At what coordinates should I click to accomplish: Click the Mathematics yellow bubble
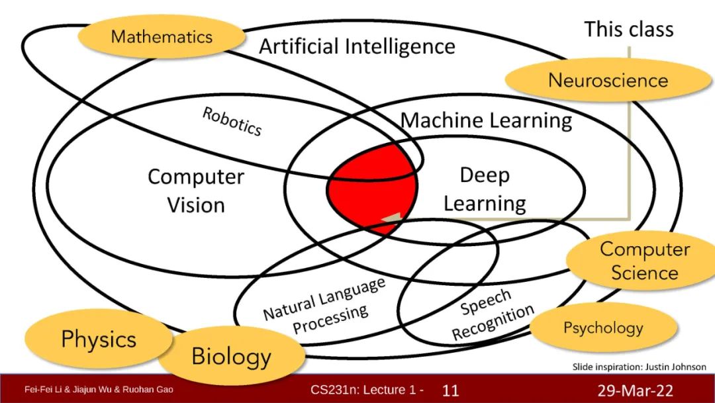tap(162, 36)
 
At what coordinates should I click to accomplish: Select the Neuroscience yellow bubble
tap(608, 81)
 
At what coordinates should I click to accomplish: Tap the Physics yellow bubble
tap(99, 339)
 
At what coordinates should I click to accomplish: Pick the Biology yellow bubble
tap(231, 357)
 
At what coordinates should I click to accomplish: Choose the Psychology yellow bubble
tap(603, 328)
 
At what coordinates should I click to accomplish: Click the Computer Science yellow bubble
tap(644, 261)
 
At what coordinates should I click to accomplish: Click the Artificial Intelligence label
tap(357, 47)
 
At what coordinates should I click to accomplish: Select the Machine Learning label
tap(486, 120)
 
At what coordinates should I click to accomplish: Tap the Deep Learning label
tap(485, 189)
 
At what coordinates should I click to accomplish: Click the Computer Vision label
tap(195, 191)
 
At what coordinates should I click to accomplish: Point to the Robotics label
tap(232, 121)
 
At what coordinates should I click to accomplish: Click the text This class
tap(628, 29)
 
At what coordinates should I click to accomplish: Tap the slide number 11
tap(450, 390)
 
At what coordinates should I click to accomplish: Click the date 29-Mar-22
tap(635, 390)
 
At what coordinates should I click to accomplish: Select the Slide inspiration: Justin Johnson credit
tap(639, 367)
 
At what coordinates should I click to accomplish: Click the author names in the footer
tap(99, 389)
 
